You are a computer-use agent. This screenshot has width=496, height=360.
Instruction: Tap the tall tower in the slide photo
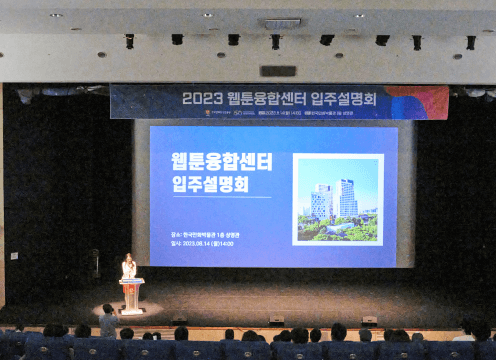[x=347, y=197]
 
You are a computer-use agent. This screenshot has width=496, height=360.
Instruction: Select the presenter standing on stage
[x=128, y=267]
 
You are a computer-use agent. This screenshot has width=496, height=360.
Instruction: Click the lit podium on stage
[x=131, y=295]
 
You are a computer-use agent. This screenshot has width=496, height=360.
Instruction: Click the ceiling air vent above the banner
[x=281, y=22]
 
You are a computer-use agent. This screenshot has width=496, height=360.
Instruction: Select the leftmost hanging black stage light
[x=129, y=41]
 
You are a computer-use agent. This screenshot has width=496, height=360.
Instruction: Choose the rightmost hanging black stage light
[x=470, y=42]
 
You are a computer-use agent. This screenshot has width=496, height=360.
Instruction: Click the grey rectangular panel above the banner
[x=278, y=71]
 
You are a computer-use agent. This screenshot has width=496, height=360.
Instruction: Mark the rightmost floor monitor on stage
[x=369, y=321]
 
